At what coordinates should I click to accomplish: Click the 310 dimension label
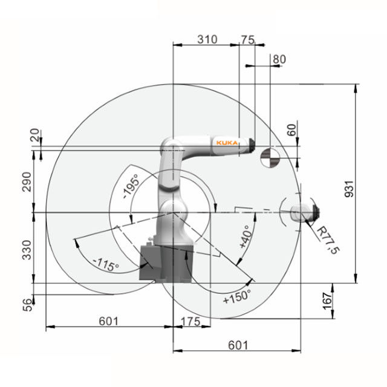207,39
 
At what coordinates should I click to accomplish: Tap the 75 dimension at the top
247,39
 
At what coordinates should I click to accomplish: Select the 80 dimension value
279,59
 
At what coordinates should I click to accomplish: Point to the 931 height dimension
349,189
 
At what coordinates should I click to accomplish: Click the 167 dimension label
327,301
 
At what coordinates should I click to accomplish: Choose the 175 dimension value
190,322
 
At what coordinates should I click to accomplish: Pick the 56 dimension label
28,305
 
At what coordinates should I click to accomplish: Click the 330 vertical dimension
27,250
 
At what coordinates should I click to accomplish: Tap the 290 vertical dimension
27,182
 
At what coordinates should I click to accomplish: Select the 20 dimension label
35,135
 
